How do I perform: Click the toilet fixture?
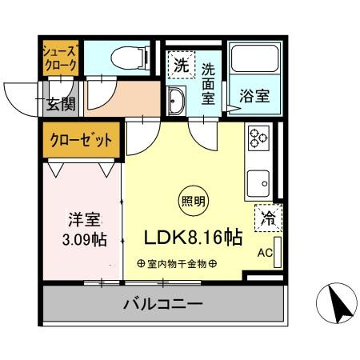(x=130, y=58)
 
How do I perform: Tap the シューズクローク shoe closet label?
(x=61, y=58)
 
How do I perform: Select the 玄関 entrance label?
(x=61, y=104)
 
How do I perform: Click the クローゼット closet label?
(x=81, y=140)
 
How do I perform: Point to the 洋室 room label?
(x=84, y=219)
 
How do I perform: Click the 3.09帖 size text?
(x=85, y=239)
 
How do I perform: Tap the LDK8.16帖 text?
(x=194, y=238)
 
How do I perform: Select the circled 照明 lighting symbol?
(x=194, y=201)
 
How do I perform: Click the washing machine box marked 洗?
(x=182, y=65)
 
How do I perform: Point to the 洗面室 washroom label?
(x=208, y=84)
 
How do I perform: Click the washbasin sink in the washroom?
(x=176, y=101)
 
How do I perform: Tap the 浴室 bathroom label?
(x=254, y=96)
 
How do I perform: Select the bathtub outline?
(x=254, y=58)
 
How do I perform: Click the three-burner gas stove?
(x=258, y=138)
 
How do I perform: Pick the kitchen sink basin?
(x=258, y=183)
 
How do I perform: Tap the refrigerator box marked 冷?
(x=268, y=218)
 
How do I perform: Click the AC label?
(x=265, y=253)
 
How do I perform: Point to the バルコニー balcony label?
(x=163, y=304)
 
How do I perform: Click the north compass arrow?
(x=338, y=304)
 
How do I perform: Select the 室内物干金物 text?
(x=177, y=264)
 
